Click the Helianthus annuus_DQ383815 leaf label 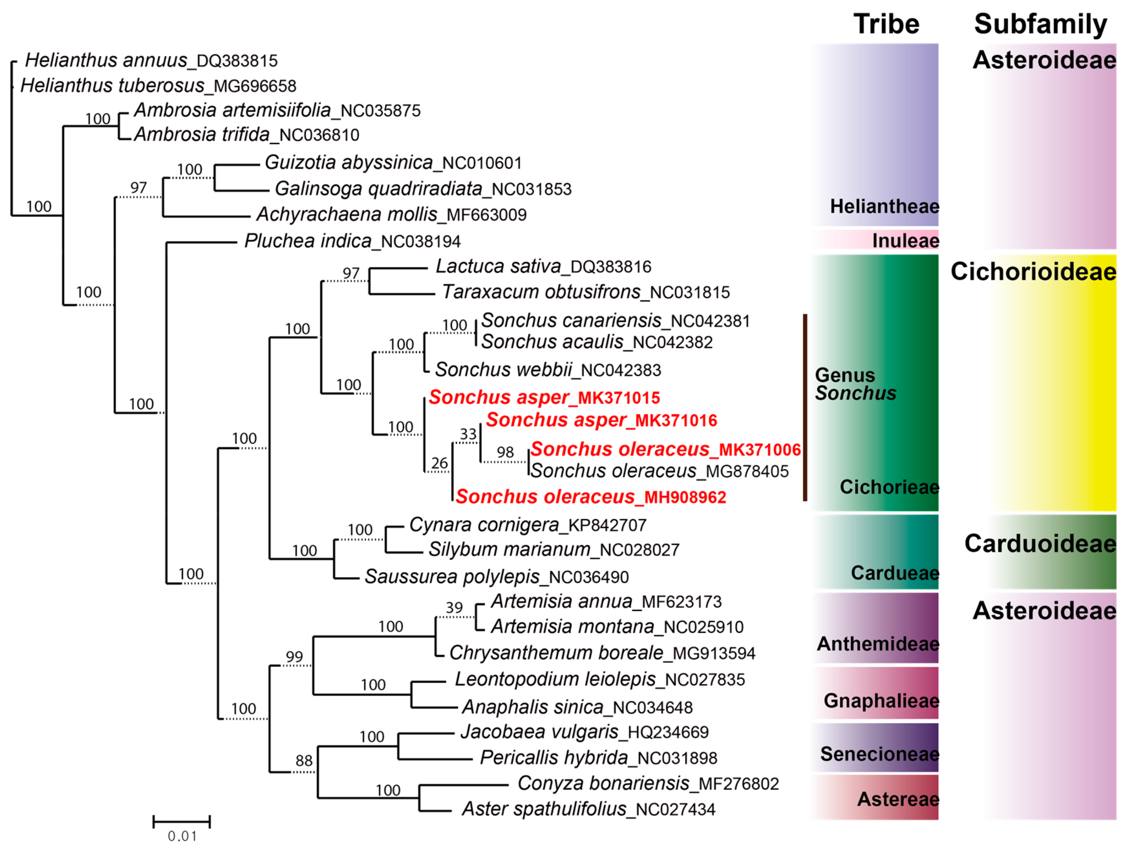point(151,61)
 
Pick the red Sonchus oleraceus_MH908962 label point(591,497)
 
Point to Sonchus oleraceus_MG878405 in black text point(659,471)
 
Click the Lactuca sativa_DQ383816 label point(544,267)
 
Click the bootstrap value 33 point(468,434)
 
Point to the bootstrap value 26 point(439,463)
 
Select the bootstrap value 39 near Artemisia point(454,608)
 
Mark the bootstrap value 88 point(304,761)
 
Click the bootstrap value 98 point(505,452)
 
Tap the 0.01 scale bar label point(182,836)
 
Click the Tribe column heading point(886,24)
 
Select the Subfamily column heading point(1040,24)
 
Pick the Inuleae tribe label point(906,241)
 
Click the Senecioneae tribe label point(880,754)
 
